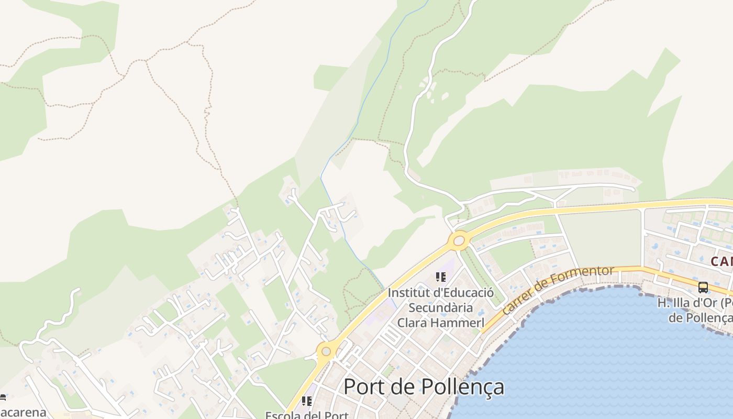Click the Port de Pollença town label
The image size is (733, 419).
424,387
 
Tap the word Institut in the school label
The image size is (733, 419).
406,293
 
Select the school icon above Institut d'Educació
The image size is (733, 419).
440,277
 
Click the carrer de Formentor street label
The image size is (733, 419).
557,290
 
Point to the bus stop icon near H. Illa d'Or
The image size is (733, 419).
703,288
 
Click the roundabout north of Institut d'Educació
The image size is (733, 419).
459,241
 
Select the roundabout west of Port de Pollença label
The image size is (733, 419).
326,351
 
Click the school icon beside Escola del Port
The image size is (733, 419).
307,401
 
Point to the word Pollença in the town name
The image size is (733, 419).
463,387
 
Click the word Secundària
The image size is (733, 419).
441,308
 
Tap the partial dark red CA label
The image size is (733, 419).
721,261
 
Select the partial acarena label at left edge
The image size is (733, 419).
23,412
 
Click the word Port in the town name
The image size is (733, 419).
363,387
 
